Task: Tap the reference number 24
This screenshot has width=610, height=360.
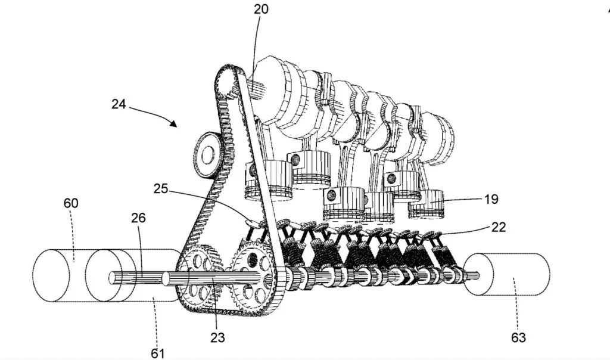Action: [119, 103]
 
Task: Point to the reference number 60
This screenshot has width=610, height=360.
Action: [71, 204]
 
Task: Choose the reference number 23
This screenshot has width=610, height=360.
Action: [217, 338]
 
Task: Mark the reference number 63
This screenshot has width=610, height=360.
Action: [519, 337]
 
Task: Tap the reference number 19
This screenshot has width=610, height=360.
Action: [491, 200]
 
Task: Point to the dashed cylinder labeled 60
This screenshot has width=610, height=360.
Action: [54, 276]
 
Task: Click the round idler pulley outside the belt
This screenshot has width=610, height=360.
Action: [206, 154]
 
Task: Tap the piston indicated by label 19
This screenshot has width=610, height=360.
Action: [427, 204]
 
